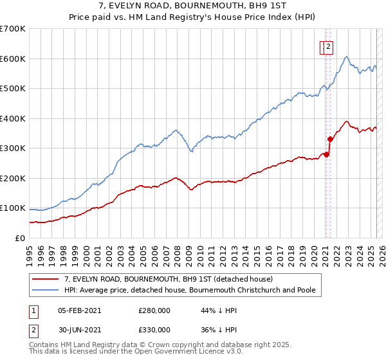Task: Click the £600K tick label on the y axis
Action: click(x=13, y=59)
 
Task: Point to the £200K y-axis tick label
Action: click(x=13, y=178)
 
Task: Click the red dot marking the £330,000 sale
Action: click(x=330, y=139)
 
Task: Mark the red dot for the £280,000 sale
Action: click(x=326, y=154)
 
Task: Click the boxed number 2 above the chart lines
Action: click(x=328, y=46)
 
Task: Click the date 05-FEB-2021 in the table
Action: click(x=79, y=310)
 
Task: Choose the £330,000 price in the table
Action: click(x=154, y=329)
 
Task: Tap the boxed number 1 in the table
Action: click(x=32, y=310)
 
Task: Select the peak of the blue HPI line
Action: click(x=346, y=57)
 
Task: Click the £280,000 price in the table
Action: click(x=154, y=310)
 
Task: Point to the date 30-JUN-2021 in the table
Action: click(x=79, y=329)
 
